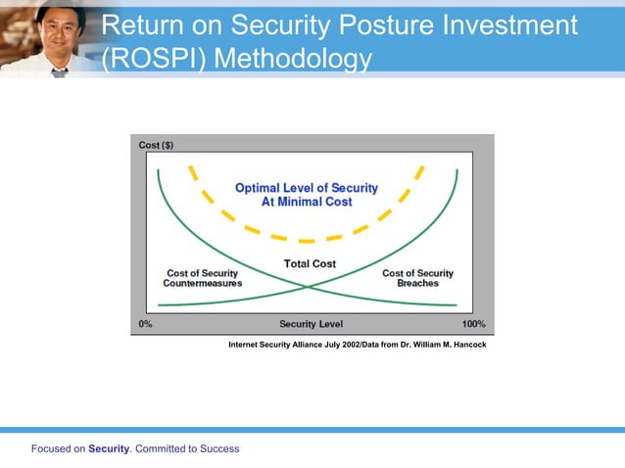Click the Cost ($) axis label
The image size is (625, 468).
pyautogui.click(x=156, y=145)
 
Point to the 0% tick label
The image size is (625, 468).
pyautogui.click(x=144, y=324)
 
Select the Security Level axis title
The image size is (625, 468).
pyautogui.click(x=312, y=324)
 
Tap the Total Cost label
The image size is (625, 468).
pyautogui.click(x=311, y=263)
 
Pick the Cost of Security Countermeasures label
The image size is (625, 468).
pyautogui.click(x=202, y=278)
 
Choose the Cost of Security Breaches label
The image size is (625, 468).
pyautogui.click(x=417, y=278)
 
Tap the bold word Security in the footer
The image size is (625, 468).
pyautogui.click(x=108, y=449)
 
